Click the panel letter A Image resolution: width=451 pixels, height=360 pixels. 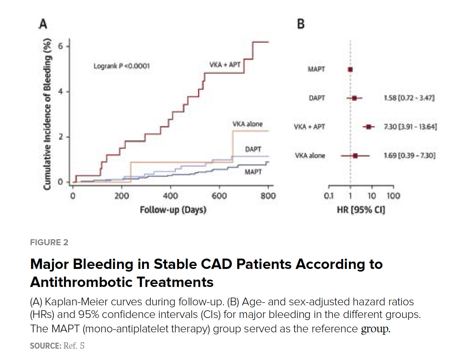coord(43,24)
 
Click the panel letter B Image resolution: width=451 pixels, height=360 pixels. coord(301,24)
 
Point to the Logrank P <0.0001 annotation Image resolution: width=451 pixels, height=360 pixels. coord(121,66)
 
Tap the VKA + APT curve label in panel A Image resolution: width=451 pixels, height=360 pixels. coord(224,65)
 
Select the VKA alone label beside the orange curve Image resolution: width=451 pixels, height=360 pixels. coord(248,124)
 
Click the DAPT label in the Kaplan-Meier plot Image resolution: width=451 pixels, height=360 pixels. coord(253,149)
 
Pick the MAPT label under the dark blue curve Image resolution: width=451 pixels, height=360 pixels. coord(253,172)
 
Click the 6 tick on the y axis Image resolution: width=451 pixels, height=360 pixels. coord(60,46)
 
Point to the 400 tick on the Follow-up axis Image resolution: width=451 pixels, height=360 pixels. coord(170,196)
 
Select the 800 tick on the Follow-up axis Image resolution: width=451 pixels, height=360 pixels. coord(268,196)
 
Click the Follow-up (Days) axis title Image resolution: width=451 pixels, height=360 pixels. coord(173,210)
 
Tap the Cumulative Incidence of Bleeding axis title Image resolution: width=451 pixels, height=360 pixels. coord(47,114)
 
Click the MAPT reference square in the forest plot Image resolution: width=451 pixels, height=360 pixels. coord(350,69)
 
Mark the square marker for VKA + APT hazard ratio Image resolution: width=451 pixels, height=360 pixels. coord(369,127)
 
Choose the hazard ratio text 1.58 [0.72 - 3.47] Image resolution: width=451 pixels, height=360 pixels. coord(409,98)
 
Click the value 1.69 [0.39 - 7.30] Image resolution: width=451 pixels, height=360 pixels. coord(409,155)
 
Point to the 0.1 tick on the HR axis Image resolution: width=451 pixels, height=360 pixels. coord(329,196)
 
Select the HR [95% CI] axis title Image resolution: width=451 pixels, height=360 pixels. coord(361,210)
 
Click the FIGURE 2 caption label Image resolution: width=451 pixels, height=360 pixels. coord(49,242)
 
